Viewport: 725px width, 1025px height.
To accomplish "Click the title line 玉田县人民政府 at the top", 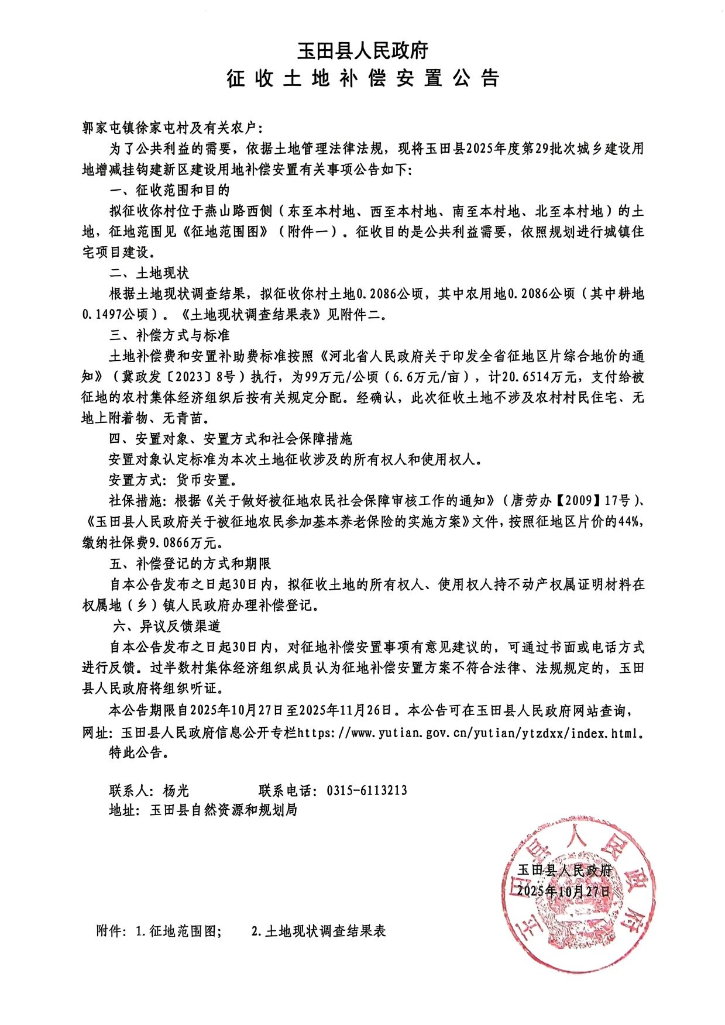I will point(362,51).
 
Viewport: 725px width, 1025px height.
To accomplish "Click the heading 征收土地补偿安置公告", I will point(362,78).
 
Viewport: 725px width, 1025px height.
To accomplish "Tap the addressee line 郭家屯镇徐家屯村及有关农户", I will point(173,128).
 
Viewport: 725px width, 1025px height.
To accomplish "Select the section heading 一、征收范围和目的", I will point(170,190).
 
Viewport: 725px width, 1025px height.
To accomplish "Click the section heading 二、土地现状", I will point(149,273).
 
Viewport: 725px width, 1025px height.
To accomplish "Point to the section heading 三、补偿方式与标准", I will point(170,335).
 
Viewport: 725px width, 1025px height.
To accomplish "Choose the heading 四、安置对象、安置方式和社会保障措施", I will point(231,439).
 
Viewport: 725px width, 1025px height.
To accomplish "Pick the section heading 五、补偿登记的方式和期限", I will point(190,563).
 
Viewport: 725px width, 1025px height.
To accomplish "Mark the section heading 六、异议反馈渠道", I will point(167,626).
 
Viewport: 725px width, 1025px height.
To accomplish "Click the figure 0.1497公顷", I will point(115,314).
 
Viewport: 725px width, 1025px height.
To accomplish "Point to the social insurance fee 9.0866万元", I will point(183,543).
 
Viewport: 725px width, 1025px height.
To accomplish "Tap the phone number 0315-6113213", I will point(367,790).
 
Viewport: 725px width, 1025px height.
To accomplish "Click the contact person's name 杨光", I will point(176,790).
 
